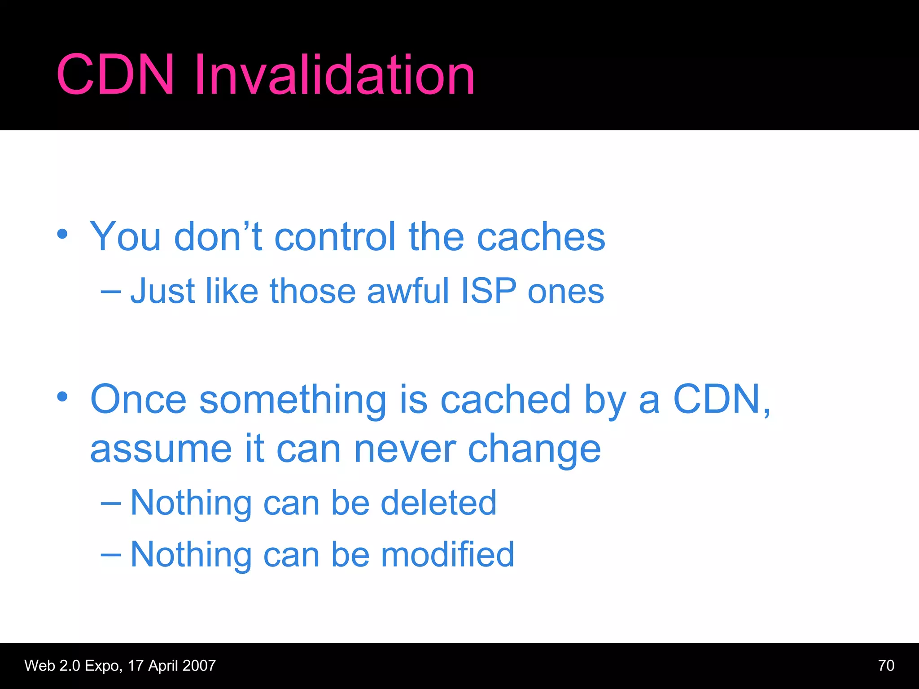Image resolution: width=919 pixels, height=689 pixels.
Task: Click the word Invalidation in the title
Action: point(334,74)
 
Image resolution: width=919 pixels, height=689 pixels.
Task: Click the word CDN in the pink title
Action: point(115,74)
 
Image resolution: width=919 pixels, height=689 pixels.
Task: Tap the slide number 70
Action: point(886,665)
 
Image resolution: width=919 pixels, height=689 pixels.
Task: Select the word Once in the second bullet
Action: point(138,399)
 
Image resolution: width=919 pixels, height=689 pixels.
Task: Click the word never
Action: point(405,449)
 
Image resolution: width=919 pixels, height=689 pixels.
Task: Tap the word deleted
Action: point(438,502)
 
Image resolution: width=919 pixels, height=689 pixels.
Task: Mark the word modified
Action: point(447,554)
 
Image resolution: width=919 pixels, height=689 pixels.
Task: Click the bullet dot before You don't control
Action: point(62,234)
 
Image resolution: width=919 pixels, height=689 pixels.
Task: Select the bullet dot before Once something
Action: point(62,397)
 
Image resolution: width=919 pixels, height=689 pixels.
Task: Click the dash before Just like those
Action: point(110,292)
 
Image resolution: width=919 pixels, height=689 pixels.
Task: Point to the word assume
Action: point(161,449)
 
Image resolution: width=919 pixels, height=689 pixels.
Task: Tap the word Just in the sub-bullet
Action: point(162,291)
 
